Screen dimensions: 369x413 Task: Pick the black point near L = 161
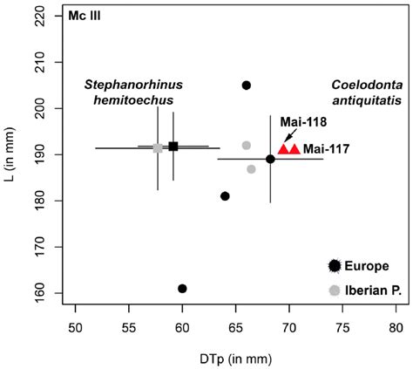coord(182,289)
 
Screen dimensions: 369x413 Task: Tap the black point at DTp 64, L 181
coord(225,196)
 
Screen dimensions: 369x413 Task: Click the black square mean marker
coord(173,147)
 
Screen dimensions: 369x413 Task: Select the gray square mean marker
coord(158,148)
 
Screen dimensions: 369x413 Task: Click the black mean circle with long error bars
coord(270,159)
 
